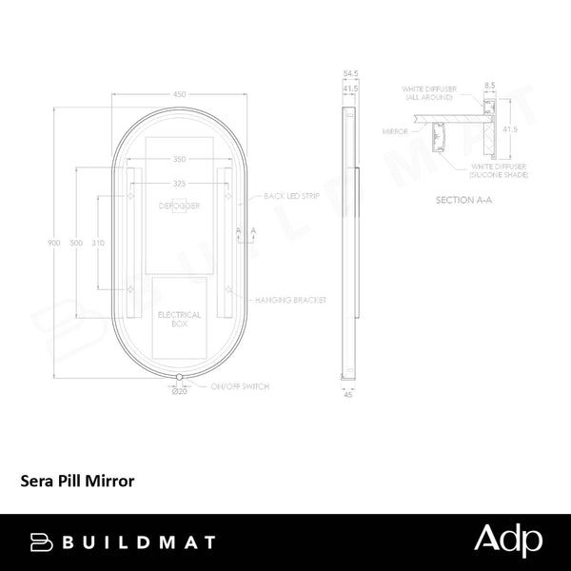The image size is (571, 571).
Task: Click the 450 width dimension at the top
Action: [x=179, y=93]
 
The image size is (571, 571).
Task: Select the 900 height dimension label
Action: [x=54, y=244]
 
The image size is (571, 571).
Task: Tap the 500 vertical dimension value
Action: [x=77, y=244]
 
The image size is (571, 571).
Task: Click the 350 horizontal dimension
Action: [x=179, y=160]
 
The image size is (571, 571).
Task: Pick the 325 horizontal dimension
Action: [x=179, y=182]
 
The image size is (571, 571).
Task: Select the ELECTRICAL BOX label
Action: [x=179, y=318]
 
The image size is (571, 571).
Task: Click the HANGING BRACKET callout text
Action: [x=289, y=300]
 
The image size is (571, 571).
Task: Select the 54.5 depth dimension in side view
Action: [x=350, y=72]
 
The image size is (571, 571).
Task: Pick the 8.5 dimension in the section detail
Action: [x=490, y=85]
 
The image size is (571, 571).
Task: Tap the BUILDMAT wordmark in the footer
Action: [x=123, y=541]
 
